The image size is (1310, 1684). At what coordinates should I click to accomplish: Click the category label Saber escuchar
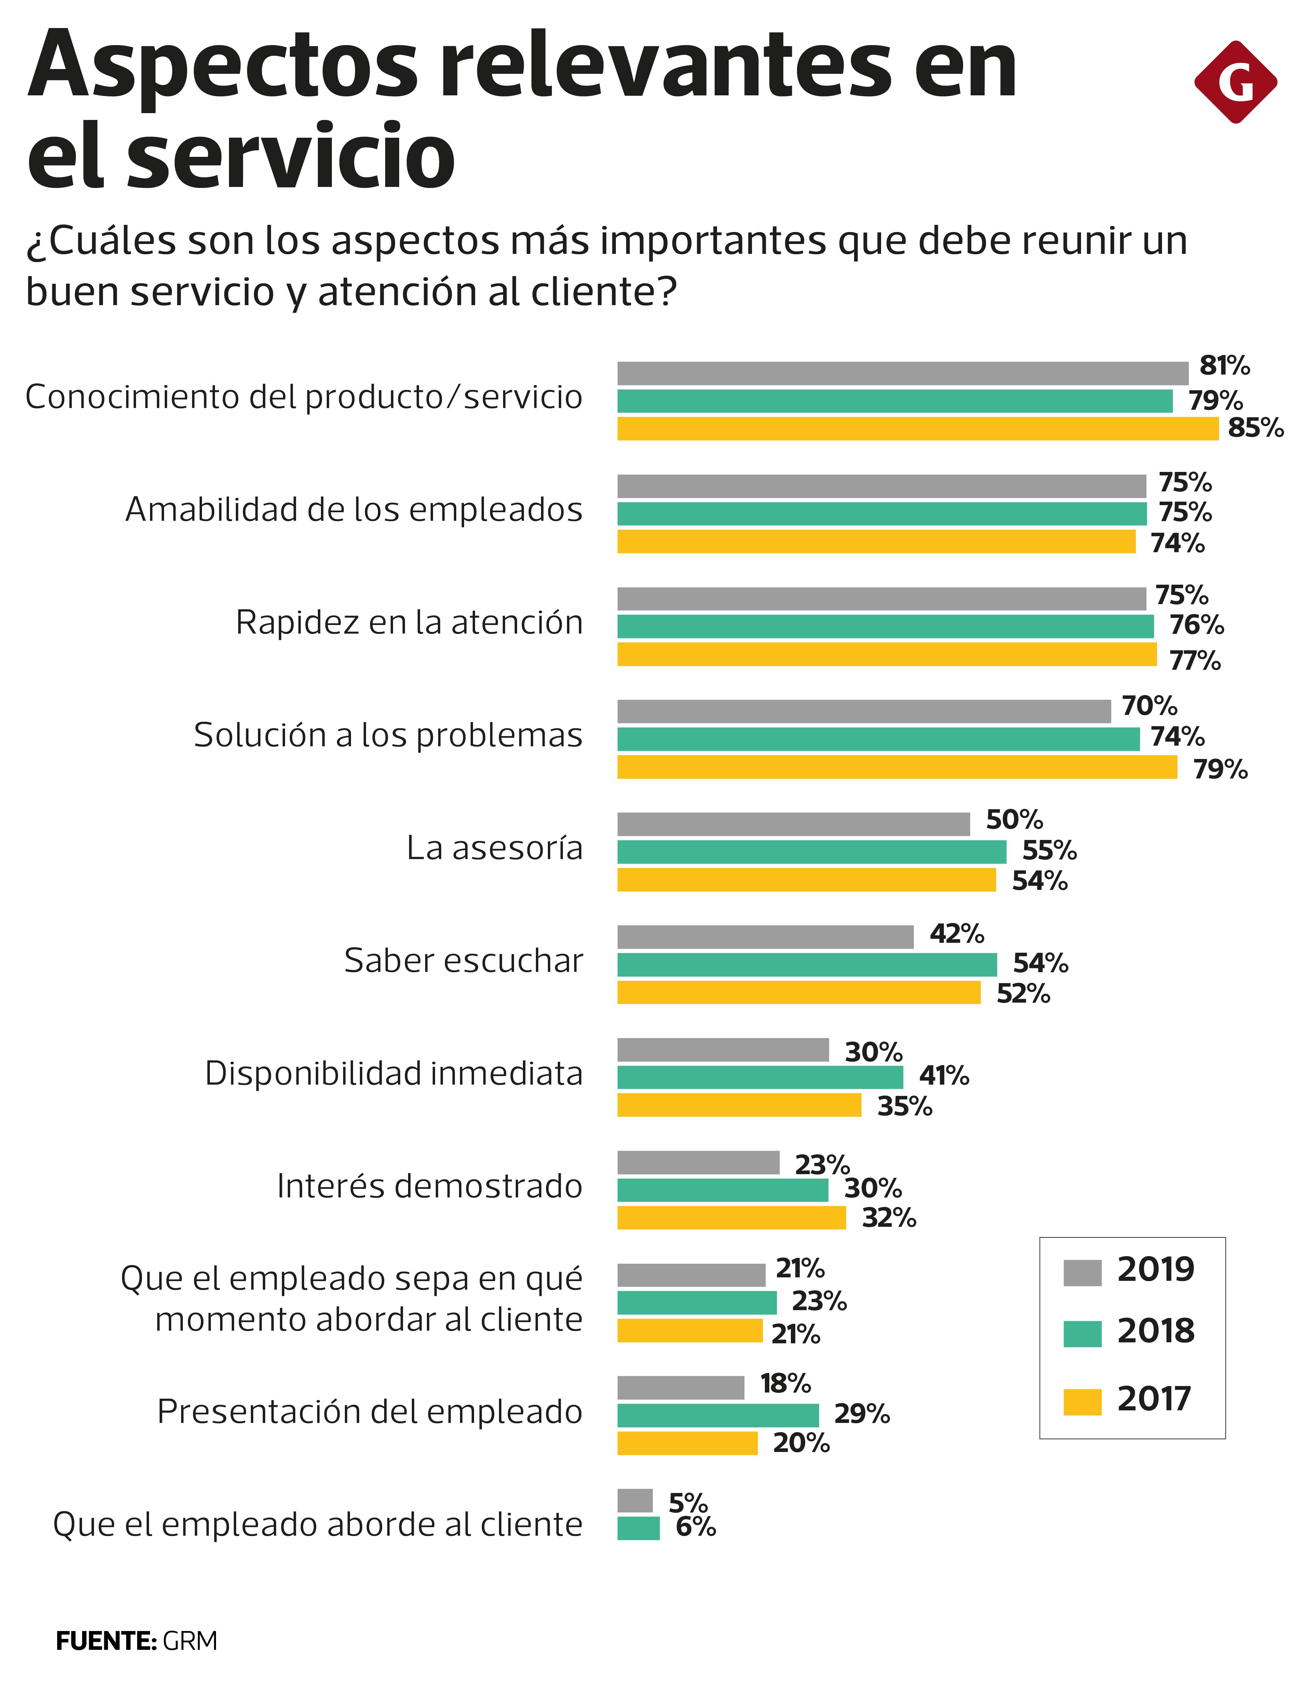pyautogui.click(x=463, y=961)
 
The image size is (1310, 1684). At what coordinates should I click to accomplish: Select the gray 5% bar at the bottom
pyautogui.click(x=635, y=1500)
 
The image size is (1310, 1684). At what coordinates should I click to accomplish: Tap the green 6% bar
pyautogui.click(x=638, y=1528)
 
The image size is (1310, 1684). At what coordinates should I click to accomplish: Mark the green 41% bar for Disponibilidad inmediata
pyautogui.click(x=759, y=1077)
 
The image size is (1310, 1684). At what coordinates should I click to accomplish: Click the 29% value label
pyautogui.click(x=861, y=1414)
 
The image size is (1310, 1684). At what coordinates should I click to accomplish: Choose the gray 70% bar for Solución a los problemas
pyautogui.click(x=864, y=711)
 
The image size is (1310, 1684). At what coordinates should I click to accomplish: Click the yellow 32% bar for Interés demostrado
pyautogui.click(x=731, y=1218)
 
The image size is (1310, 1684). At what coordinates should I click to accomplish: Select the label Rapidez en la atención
pyautogui.click(x=409, y=622)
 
